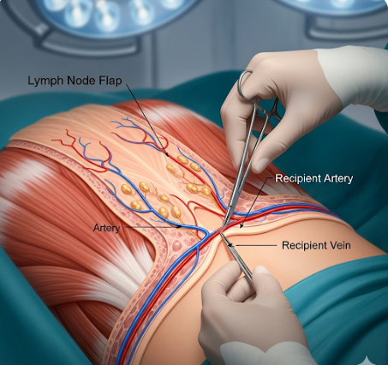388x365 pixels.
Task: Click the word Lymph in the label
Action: tap(45, 81)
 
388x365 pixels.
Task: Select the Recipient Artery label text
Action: tap(314, 178)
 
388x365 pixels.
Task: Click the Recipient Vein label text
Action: tap(316, 245)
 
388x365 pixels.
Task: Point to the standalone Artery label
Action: tap(106, 228)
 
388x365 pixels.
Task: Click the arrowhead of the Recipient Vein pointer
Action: tap(232, 245)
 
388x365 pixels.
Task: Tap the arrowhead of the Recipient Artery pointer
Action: tap(242, 226)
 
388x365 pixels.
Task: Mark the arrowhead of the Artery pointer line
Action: tap(179, 227)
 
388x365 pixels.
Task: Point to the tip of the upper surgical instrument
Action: tap(223, 228)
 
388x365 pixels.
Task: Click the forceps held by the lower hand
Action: tap(236, 255)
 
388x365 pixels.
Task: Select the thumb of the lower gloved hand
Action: tap(264, 278)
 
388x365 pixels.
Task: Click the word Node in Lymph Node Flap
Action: tap(81, 81)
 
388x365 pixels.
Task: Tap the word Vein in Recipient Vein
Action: tap(339, 245)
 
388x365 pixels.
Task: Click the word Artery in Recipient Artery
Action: tap(338, 178)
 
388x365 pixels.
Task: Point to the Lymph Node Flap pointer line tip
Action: tap(168, 155)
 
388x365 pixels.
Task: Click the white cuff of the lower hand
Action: tap(266, 353)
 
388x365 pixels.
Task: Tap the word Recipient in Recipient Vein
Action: tap(303, 246)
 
